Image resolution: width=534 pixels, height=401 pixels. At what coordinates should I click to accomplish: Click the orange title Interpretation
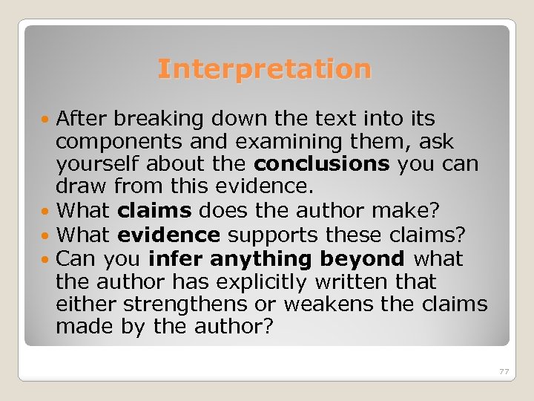pyautogui.click(x=264, y=69)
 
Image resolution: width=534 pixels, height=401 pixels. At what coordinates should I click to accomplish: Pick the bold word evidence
pyautogui.click(x=168, y=235)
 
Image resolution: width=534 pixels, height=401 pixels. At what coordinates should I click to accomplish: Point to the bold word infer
pyautogui.click(x=176, y=259)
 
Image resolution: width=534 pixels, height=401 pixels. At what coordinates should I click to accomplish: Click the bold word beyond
pyautogui.click(x=363, y=259)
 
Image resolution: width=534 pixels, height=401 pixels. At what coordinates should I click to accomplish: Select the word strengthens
pyautogui.click(x=183, y=304)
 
